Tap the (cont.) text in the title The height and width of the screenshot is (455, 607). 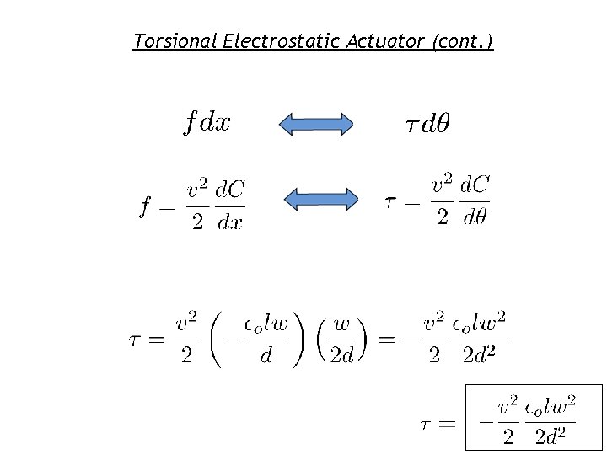click(462, 41)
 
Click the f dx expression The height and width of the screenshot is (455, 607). click(207, 124)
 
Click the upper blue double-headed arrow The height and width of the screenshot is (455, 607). click(316, 125)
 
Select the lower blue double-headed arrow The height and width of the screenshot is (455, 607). click(320, 199)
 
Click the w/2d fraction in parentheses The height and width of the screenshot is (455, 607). click(341, 340)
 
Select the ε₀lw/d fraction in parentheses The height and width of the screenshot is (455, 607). click(266, 340)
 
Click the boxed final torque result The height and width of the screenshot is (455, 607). click(534, 419)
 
